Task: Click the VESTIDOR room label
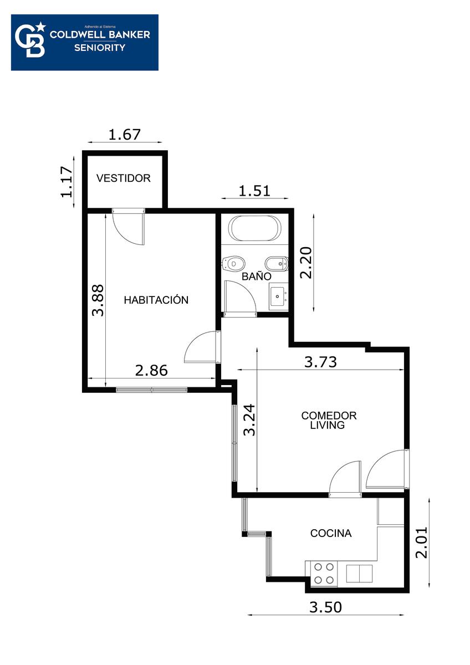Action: click(123, 178)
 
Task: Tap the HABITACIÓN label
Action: click(156, 300)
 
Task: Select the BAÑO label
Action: click(256, 276)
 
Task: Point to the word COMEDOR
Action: click(329, 415)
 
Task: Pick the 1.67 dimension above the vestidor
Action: click(124, 135)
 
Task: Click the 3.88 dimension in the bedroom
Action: click(98, 300)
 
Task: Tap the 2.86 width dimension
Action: click(151, 370)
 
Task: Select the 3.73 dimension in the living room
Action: click(321, 362)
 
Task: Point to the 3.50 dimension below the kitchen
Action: click(325, 607)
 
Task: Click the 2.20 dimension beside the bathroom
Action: click(306, 263)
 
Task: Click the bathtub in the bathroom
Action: click(254, 228)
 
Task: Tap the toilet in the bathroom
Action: click(233, 263)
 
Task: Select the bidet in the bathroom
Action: click(277, 263)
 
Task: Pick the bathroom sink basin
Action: click(278, 296)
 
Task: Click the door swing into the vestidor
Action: click(129, 226)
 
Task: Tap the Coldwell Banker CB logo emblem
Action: click(30, 39)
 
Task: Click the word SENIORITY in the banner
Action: click(100, 48)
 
